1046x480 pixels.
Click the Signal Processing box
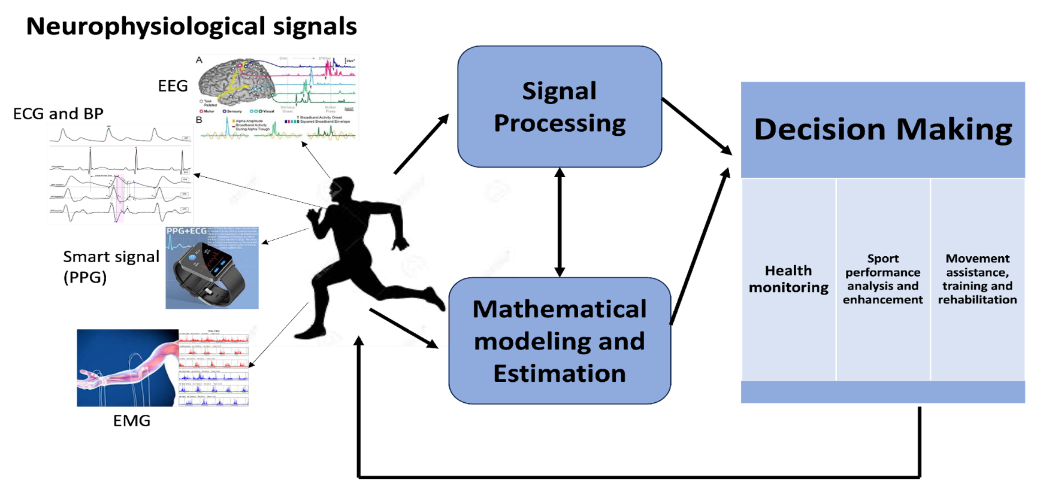[560, 107]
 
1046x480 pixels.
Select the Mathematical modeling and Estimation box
[560, 341]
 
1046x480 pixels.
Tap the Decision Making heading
[882, 129]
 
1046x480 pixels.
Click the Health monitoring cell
[788, 279]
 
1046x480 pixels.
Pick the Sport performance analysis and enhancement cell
[882, 279]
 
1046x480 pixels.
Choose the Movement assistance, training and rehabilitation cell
[977, 279]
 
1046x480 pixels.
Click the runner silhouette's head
[343, 190]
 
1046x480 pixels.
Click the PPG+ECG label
[186, 231]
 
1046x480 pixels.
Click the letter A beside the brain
[199, 60]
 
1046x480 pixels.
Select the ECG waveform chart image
[120, 174]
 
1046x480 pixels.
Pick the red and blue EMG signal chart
[213, 367]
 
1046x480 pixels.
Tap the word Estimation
[560, 373]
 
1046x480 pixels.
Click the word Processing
[560, 123]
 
